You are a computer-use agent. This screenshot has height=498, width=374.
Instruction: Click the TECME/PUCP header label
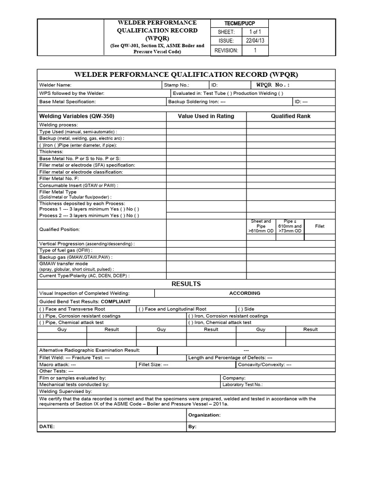(x=239, y=23)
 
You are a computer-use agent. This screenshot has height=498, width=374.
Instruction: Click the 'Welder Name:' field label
(x=56, y=85)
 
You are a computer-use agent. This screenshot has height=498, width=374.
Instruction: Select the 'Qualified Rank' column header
(x=290, y=116)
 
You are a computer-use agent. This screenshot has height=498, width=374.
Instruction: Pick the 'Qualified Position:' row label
(x=59, y=229)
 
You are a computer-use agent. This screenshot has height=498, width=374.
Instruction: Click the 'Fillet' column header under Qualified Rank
(x=319, y=226)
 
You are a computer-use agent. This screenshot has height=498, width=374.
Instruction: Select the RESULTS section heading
(x=187, y=284)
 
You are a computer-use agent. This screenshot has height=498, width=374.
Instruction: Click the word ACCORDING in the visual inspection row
(x=244, y=293)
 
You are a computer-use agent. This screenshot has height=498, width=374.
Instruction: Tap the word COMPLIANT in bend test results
(x=115, y=302)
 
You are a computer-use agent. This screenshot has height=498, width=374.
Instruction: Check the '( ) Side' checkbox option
(x=246, y=309)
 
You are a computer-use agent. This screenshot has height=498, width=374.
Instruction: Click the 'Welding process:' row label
(x=58, y=125)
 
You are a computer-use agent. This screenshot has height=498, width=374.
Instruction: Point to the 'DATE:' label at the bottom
(x=47, y=426)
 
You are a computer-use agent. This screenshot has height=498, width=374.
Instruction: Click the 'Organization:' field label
(x=204, y=415)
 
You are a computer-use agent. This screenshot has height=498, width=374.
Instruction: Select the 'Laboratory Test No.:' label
(x=243, y=384)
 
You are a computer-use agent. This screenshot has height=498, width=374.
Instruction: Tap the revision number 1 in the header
(x=255, y=50)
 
